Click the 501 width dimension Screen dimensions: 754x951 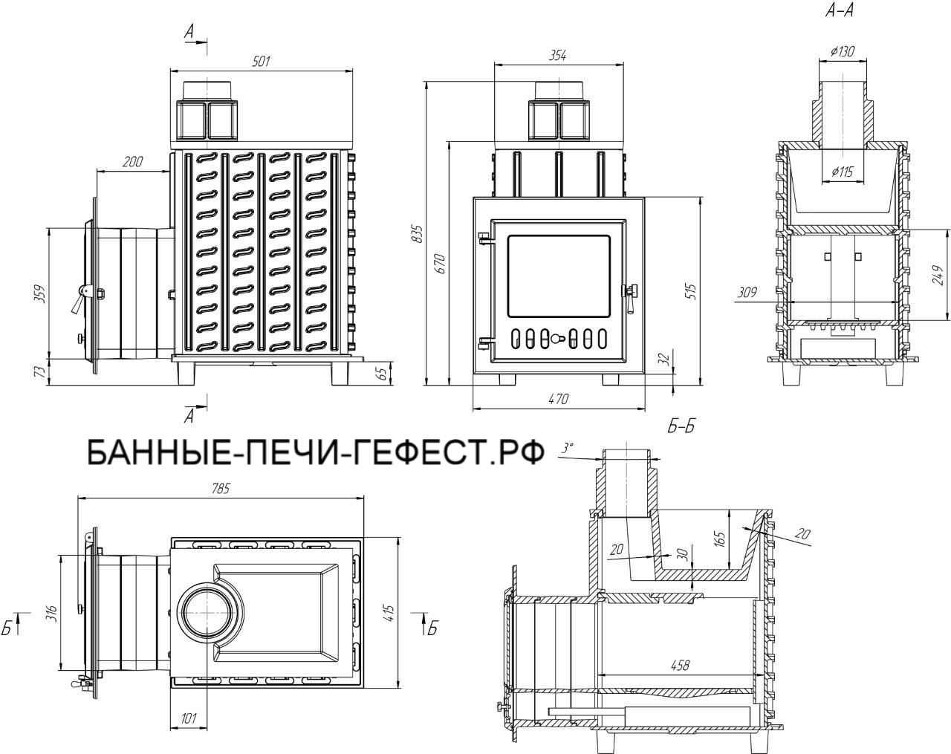261,62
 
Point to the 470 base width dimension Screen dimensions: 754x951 558,399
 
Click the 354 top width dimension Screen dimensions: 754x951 558,56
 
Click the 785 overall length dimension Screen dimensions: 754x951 221,489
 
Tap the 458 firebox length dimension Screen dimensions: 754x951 678,666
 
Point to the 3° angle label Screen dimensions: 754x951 568,448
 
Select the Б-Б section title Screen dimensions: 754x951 681,427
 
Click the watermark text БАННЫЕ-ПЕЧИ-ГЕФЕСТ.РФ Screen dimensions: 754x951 316,451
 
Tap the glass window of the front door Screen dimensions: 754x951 558,274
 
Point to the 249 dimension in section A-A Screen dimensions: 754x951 938,275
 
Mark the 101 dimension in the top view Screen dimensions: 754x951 189,718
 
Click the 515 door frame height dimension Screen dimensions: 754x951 692,290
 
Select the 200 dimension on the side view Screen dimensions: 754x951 134,162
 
